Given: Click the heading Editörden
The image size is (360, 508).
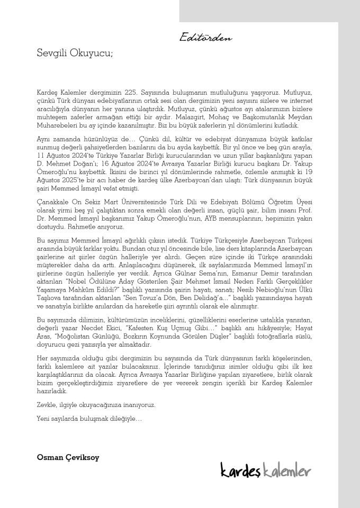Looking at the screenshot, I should click(205, 38).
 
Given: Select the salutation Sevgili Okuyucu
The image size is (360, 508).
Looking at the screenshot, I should click(75, 53).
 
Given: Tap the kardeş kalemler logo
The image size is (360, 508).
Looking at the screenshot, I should click(265, 469).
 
